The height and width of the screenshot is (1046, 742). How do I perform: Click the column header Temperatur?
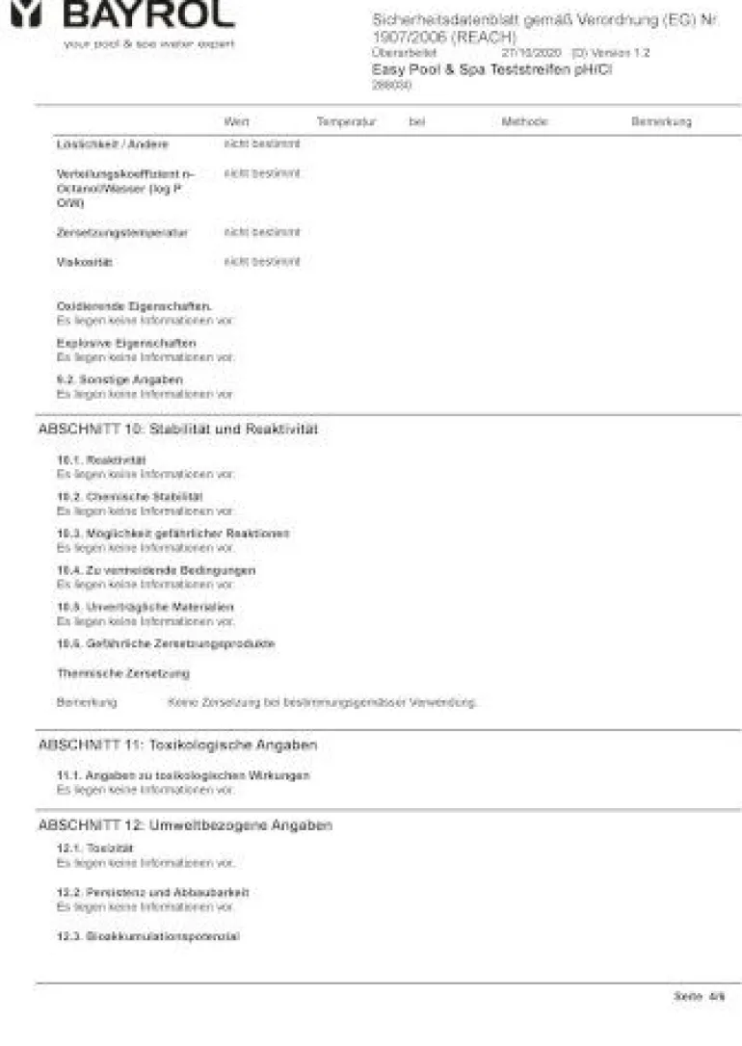[x=345, y=121]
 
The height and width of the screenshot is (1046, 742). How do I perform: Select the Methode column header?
[x=524, y=121]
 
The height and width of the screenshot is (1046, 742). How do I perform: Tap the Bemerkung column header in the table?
[x=661, y=121]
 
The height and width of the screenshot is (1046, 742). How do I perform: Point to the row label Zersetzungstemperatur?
[x=122, y=233]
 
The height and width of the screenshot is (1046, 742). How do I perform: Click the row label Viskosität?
[x=85, y=262]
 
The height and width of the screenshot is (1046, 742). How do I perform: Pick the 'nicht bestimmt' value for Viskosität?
[x=262, y=262]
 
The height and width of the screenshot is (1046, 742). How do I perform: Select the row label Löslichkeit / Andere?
[x=112, y=144]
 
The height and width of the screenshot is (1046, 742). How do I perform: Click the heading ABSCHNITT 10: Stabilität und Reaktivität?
[x=177, y=429]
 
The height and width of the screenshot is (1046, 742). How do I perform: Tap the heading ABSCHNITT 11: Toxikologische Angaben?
[x=177, y=745]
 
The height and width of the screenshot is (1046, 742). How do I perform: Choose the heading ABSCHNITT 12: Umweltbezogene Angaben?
[x=185, y=825]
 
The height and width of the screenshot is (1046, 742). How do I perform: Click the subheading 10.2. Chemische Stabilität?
[x=129, y=496]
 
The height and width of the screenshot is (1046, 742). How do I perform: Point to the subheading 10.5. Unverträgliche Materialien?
[x=145, y=607]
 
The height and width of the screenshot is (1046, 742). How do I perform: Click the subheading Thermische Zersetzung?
[x=122, y=673]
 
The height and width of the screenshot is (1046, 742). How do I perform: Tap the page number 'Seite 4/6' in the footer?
[x=699, y=997]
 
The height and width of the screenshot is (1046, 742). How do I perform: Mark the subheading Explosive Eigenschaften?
[x=125, y=343]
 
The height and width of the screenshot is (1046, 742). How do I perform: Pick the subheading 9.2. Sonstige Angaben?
[x=119, y=379]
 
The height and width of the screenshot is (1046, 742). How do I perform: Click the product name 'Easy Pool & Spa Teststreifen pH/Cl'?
[x=491, y=69]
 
